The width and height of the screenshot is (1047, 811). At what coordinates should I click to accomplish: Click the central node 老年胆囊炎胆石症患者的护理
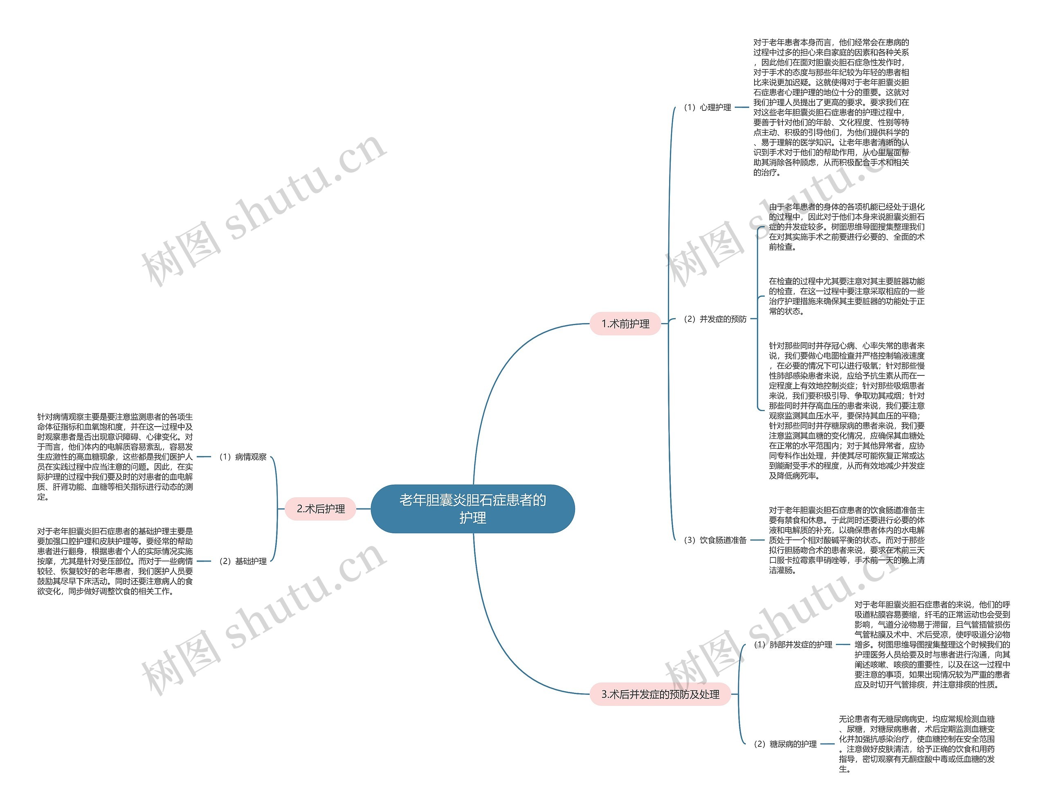(473, 508)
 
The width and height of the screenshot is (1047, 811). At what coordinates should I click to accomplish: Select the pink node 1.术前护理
(625, 324)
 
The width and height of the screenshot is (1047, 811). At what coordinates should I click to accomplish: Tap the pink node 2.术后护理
(321, 508)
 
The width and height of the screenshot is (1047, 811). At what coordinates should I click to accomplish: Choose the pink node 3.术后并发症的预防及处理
(660, 694)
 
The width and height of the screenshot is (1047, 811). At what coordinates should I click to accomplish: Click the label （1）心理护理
(708, 108)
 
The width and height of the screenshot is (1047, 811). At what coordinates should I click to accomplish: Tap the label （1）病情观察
(243, 457)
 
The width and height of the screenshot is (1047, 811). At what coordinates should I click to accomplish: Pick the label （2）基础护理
(243, 561)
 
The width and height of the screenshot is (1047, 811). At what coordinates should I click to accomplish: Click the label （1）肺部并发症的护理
(793, 645)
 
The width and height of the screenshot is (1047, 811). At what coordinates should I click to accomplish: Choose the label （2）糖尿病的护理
(785, 744)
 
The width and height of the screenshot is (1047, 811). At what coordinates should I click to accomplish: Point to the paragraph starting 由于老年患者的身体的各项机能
(847, 227)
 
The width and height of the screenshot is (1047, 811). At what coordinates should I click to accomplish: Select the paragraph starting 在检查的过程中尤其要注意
(847, 296)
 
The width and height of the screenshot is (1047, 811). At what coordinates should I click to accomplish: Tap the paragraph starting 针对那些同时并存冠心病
(847, 411)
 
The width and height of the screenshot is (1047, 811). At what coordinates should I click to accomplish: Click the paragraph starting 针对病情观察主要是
(115, 457)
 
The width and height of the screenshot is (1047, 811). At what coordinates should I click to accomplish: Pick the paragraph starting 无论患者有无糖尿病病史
(917, 744)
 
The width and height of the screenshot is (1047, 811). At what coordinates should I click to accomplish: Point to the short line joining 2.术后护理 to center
(363, 508)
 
